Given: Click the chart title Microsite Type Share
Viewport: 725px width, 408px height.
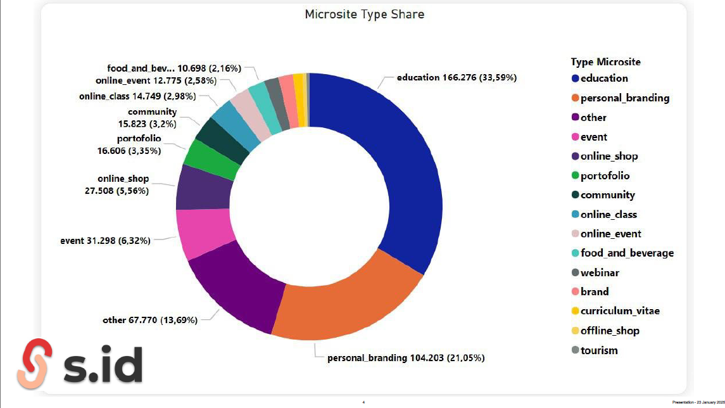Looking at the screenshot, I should coord(364,14).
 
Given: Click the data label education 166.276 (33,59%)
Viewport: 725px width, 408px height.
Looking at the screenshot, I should coord(457,78).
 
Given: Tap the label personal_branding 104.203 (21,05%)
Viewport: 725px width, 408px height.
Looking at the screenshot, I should coord(406,358).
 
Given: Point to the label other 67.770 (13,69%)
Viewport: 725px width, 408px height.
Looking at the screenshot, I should coord(150,320).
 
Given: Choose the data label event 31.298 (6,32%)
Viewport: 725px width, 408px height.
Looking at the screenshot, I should coord(105,241).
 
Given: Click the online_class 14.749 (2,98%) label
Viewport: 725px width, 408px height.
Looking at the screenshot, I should coord(137,96).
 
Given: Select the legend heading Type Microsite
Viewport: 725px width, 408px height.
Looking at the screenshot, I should coord(605,62).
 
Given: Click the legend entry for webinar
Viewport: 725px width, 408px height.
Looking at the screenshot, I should coord(599,272).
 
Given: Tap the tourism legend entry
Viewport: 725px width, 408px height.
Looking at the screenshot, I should coord(598,350).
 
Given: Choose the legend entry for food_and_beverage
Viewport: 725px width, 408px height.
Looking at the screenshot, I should coord(626,253).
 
